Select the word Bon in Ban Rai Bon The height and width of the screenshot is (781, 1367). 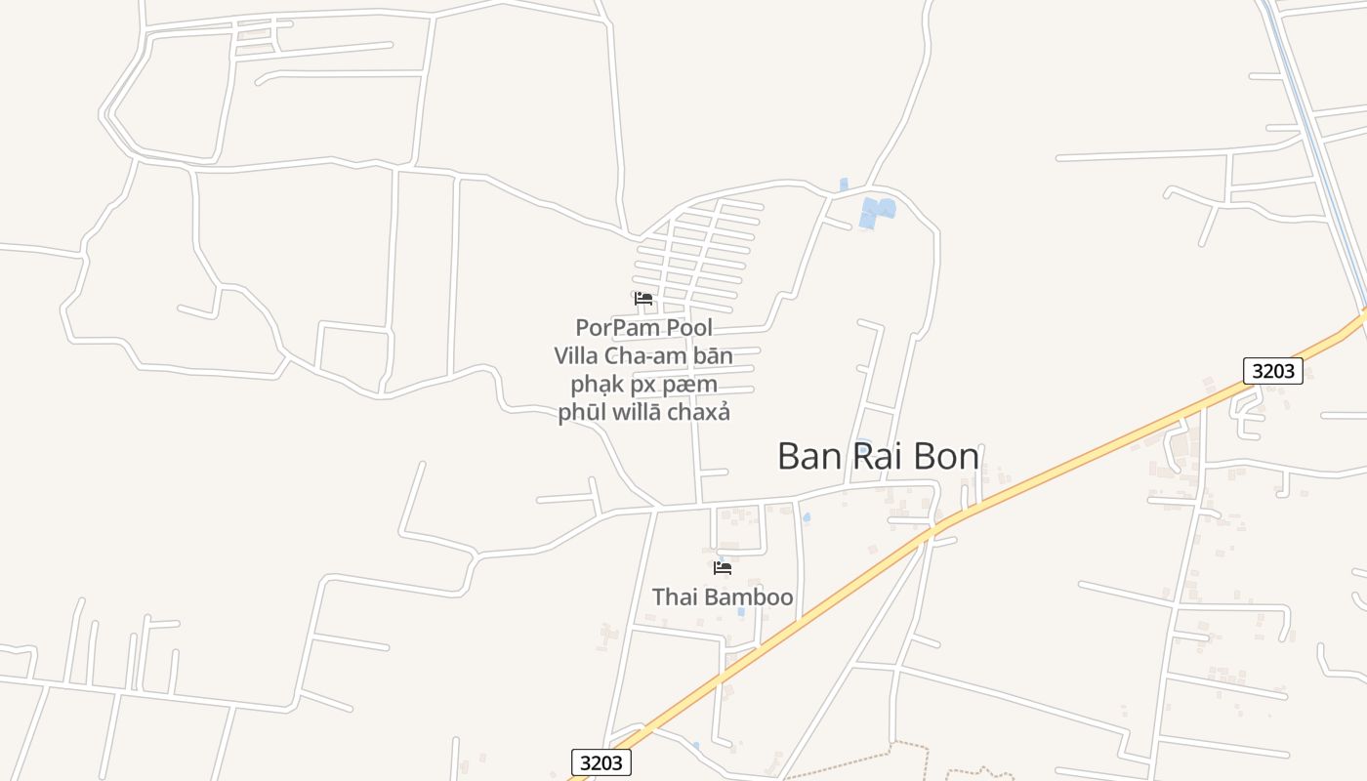[x=944, y=456]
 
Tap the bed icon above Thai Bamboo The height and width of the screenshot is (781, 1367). [x=723, y=567]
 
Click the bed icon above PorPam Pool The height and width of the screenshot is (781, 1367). [x=642, y=298]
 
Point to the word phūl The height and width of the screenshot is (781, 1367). [x=581, y=412]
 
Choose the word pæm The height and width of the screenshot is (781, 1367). [x=694, y=384]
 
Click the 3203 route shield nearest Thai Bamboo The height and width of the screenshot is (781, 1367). [x=601, y=762]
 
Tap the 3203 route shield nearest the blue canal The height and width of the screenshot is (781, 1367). [x=1273, y=370]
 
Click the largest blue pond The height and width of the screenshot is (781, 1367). [x=876, y=212]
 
